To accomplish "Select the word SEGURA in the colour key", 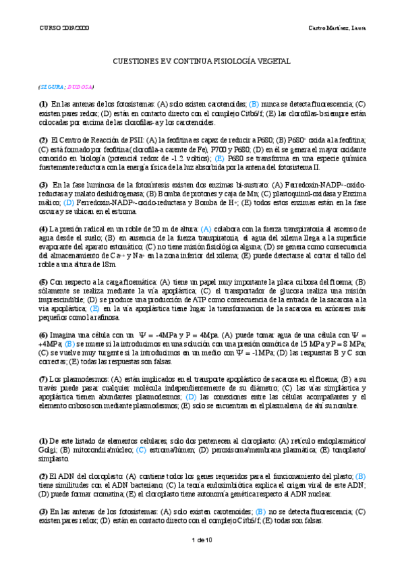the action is pos(53,87).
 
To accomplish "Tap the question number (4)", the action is pos(42,229).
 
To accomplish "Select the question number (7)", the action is pos(42,380).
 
